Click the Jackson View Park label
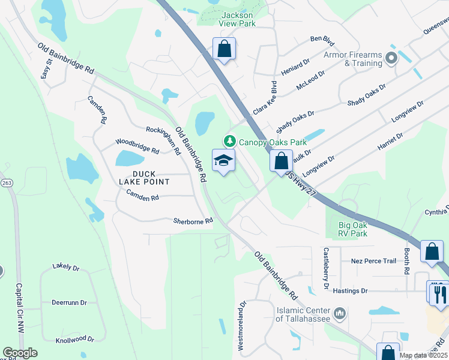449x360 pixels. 238,19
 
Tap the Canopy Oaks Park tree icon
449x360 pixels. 229,142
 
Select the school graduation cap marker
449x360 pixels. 223,160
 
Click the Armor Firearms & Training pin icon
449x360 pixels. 392,58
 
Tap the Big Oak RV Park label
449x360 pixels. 349,229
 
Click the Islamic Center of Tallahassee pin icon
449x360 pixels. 339,313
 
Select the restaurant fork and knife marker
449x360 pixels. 439,293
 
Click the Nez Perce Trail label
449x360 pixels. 373,261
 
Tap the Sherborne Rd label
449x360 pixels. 193,221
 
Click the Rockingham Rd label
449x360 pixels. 163,139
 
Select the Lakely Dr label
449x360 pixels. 66,266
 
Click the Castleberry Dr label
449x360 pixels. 326,260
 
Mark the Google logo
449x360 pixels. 20,353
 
